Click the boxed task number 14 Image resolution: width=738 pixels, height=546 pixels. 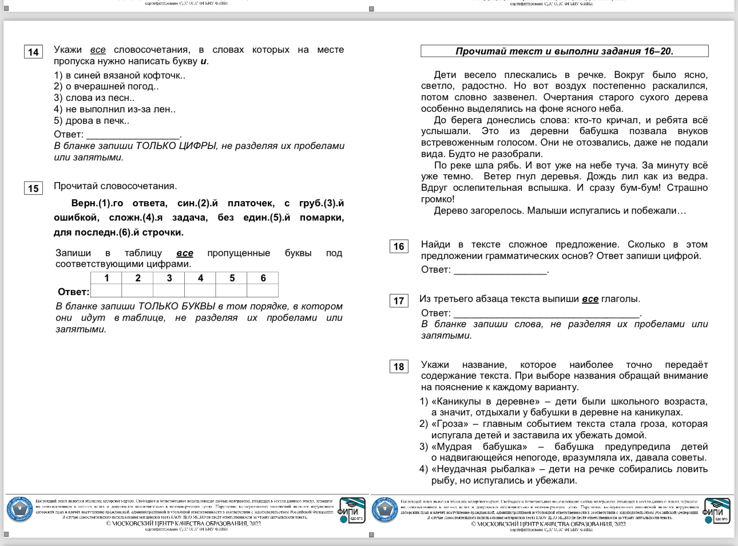pyautogui.click(x=33, y=52)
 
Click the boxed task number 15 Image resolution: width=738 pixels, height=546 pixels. pyautogui.click(x=33, y=188)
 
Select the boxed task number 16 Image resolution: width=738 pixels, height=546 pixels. pyautogui.click(x=399, y=246)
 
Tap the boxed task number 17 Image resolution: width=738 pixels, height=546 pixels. pyautogui.click(x=399, y=301)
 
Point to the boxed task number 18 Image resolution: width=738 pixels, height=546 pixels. pyautogui.click(x=399, y=367)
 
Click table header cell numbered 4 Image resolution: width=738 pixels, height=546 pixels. pyautogui.click(x=200, y=278)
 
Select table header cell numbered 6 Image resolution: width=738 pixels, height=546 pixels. pyautogui.click(x=263, y=278)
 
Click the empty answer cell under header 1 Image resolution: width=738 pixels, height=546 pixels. pyautogui.click(x=106, y=291)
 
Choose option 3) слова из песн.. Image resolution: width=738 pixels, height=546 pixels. pyautogui.click(x=94, y=97)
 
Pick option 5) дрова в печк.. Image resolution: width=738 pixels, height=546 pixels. pyautogui.click(x=92, y=120)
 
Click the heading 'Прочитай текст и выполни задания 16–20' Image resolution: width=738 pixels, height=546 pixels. pyautogui.click(x=564, y=51)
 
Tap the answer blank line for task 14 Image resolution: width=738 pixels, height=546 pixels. pyautogui.click(x=133, y=135)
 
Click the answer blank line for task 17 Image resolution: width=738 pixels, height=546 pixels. pyautogui.click(x=546, y=314)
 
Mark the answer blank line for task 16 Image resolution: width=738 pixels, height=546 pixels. pyautogui.click(x=500, y=270)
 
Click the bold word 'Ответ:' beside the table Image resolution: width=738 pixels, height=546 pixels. pyautogui.click(x=73, y=292)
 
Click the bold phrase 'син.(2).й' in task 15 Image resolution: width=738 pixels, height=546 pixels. pyautogui.click(x=197, y=203)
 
